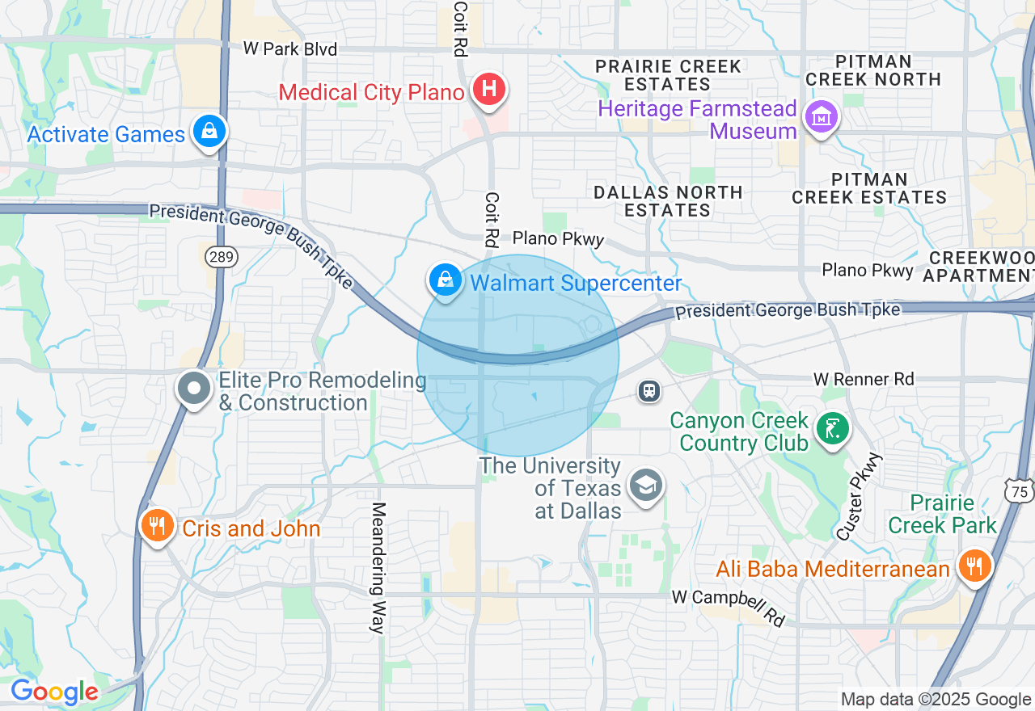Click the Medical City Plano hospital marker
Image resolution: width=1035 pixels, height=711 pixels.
489,89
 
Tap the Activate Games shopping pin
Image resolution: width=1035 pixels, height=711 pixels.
209,130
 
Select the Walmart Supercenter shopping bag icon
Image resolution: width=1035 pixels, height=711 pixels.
445,280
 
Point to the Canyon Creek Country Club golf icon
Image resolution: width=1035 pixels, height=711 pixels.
832,427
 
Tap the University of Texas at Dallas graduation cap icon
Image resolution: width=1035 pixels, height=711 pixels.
646,486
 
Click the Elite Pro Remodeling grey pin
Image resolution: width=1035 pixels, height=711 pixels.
194,389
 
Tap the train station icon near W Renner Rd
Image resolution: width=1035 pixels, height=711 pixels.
648,391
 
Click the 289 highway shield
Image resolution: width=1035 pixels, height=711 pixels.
221,257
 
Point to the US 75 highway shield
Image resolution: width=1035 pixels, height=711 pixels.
1020,490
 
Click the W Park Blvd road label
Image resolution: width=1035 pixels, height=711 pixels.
289,49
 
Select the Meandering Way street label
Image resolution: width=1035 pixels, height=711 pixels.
378,568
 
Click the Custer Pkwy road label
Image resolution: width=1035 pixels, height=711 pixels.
860,496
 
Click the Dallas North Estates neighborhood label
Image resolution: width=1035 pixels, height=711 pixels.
668,201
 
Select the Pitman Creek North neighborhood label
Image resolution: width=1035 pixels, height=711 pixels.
873,70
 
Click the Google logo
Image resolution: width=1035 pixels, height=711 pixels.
54,692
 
